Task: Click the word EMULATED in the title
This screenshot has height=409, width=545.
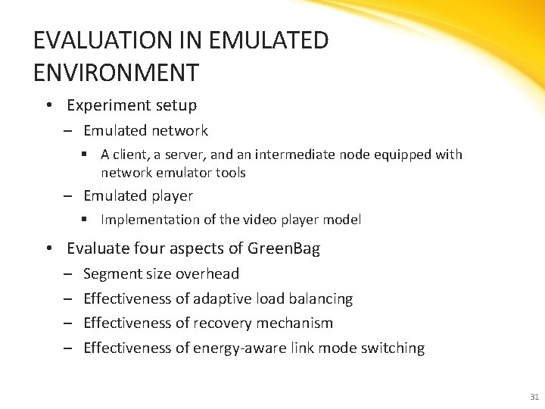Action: click(271, 40)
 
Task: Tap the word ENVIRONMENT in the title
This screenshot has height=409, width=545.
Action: click(117, 73)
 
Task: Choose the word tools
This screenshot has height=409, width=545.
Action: click(230, 173)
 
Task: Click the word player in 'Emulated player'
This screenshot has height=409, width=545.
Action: click(173, 196)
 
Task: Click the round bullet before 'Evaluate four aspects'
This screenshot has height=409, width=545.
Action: click(48, 248)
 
